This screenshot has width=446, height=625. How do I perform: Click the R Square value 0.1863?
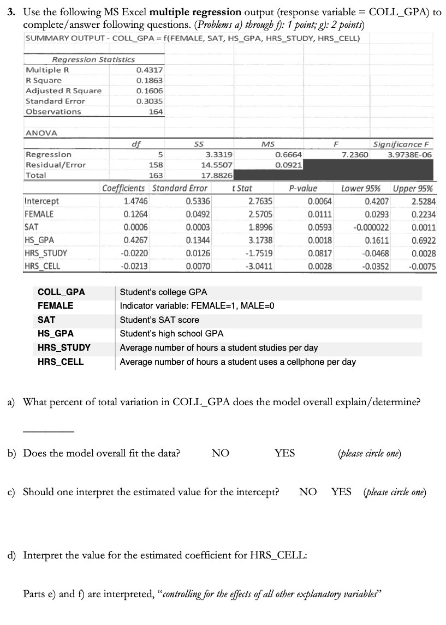pyautogui.click(x=149, y=80)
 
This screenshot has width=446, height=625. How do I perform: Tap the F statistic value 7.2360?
pyautogui.click(x=355, y=154)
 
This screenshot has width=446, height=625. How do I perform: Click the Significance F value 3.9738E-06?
pyautogui.click(x=409, y=154)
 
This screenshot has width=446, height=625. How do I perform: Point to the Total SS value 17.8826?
pyautogui.click(x=217, y=176)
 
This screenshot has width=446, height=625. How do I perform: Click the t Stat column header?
pyautogui.click(x=242, y=189)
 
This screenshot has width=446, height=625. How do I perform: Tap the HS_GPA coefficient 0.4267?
pyautogui.click(x=136, y=240)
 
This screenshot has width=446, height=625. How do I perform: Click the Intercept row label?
pyautogui.click(x=42, y=201)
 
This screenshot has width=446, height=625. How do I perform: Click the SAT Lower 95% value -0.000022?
pyautogui.click(x=371, y=227)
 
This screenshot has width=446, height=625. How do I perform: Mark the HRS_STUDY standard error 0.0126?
pyautogui.click(x=198, y=253)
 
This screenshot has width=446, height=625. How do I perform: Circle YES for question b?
pyautogui.click(x=284, y=453)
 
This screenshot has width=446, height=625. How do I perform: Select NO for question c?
pyautogui.click(x=308, y=492)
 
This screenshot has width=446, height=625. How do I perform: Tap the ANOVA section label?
pyautogui.click(x=41, y=133)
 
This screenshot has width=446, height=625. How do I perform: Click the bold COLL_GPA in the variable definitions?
pyautogui.click(x=61, y=292)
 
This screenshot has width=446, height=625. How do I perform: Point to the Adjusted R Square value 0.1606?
pyautogui.click(x=149, y=91)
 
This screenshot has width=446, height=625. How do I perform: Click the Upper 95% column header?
pyautogui.click(x=413, y=189)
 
